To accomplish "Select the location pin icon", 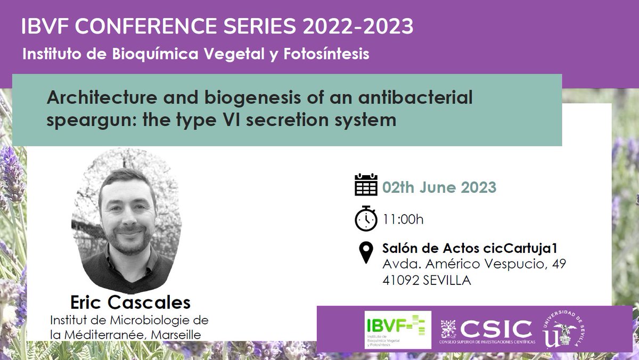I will click(366, 252).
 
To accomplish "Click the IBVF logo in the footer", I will click(398, 330).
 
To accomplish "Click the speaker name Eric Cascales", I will click(130, 302).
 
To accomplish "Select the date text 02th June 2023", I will click(439, 187).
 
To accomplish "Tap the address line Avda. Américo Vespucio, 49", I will click(470, 264).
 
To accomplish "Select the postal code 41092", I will click(400, 280).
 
